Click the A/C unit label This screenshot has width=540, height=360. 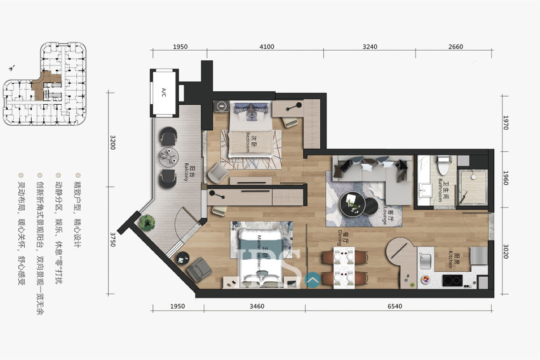click(x=163, y=91)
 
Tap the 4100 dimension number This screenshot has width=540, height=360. click(x=266, y=46)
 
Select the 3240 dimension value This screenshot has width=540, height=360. click(x=369, y=46)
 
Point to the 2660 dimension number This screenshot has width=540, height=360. click(x=455, y=46)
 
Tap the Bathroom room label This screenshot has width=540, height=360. click(x=443, y=189)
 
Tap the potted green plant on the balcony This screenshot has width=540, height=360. click(x=147, y=222)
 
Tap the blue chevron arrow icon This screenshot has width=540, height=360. click(x=313, y=277)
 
